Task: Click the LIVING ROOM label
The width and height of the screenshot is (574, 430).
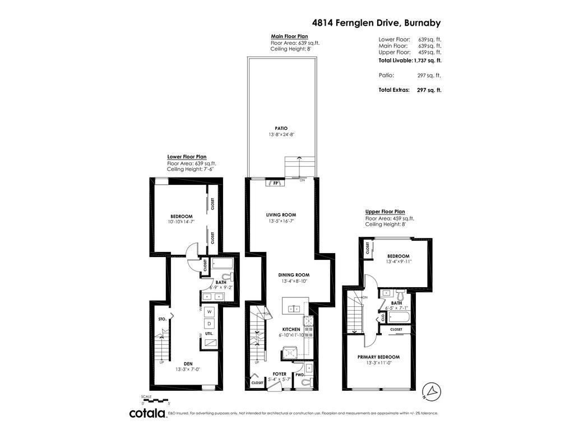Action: coord(281,214)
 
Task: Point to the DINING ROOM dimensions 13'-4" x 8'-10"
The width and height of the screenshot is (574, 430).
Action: coord(295,282)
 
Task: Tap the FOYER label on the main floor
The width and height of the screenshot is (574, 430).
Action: coord(279,373)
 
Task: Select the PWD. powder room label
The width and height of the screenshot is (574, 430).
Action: coord(300,375)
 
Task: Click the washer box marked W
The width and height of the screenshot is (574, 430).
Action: coord(209,311)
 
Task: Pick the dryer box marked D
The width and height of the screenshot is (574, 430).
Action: coord(209,324)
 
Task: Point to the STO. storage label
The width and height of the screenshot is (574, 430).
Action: coord(162,319)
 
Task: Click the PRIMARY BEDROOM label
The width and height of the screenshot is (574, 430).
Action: coord(378,357)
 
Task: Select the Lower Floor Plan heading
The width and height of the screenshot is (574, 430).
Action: coord(187,157)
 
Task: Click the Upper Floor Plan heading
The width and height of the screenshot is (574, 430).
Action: coord(385,212)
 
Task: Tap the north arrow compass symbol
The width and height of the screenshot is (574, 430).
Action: coord(432,391)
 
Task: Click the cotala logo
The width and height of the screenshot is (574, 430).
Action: coord(147,413)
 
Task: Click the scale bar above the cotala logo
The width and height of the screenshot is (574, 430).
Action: coord(155,400)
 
